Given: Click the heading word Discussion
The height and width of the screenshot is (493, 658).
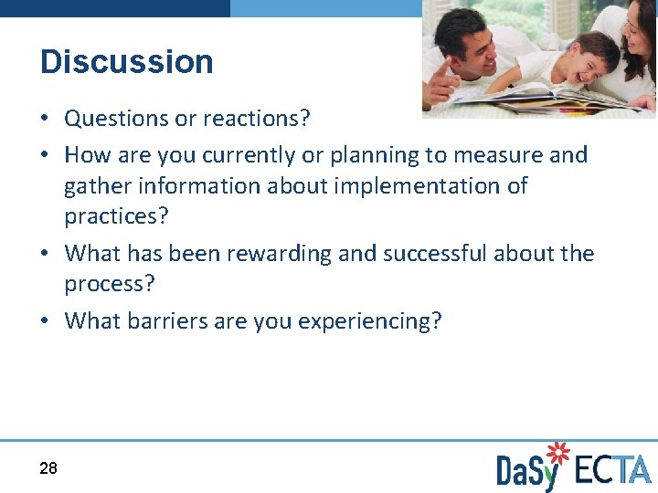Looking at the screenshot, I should tap(127, 62).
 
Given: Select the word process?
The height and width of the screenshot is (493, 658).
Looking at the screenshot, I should tap(110, 284).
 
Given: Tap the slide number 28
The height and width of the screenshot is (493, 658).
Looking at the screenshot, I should tap(48, 468).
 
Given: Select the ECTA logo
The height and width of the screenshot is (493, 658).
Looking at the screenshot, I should tap(612, 469).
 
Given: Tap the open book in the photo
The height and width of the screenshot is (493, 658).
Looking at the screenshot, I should tap(539, 96).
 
